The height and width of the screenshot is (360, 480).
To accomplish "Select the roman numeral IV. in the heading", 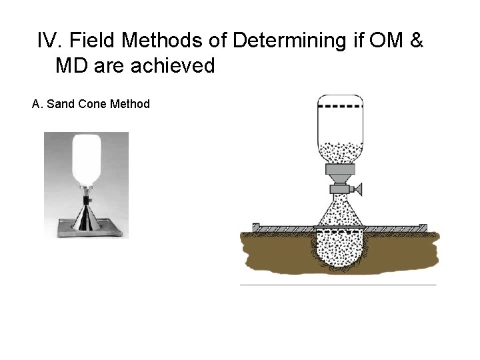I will coord(50,42).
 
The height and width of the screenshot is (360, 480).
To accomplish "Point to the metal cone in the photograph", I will coord(86,213).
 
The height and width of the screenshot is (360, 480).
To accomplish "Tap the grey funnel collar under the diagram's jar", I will coord(340,175).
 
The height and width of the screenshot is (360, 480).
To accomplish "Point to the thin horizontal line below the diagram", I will coord(337,285).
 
